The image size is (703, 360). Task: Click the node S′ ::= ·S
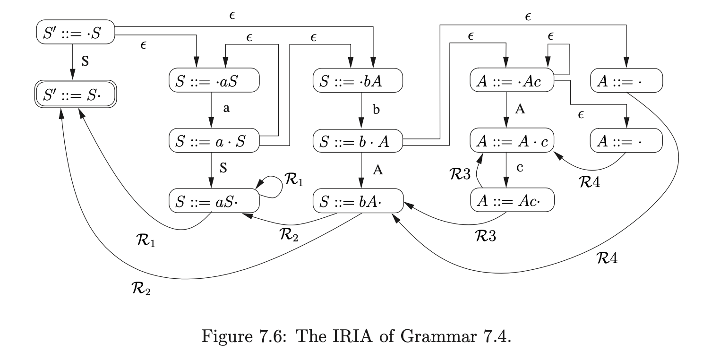76,32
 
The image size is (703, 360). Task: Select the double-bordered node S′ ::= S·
76,96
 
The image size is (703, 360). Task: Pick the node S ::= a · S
214,140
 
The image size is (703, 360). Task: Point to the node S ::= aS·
214,201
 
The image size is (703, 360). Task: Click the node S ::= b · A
358,140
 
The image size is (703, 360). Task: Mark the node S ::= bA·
358,201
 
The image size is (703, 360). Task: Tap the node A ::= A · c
512,140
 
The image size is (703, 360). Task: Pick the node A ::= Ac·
512,201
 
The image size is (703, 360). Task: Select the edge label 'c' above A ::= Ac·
520,168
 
